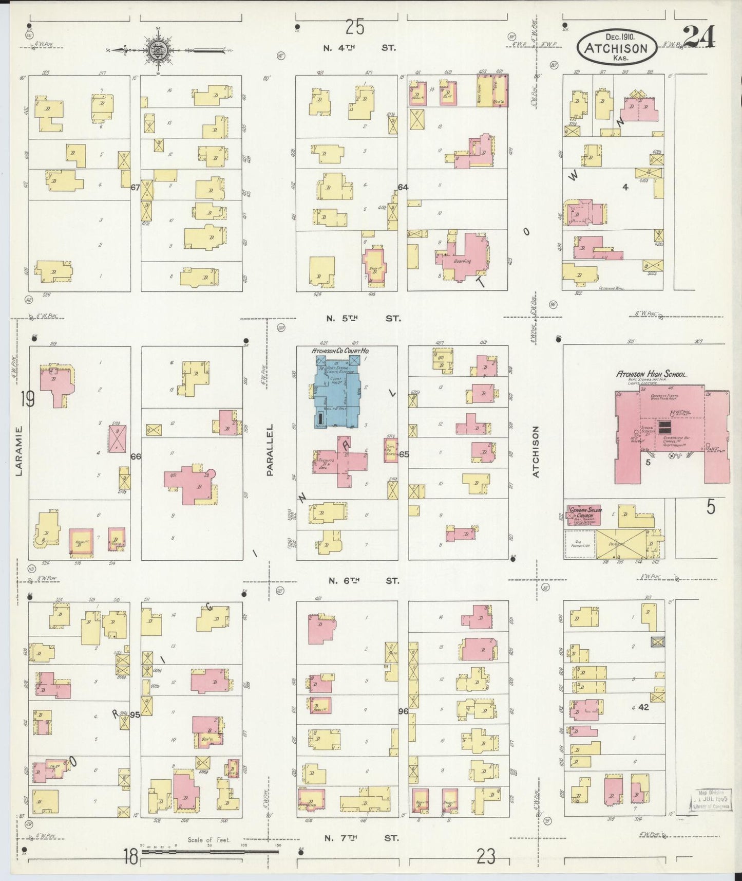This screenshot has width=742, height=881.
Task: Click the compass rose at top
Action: click(156, 50)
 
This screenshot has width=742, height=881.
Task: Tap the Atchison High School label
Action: click(651, 375)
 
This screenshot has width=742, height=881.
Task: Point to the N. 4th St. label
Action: click(360, 48)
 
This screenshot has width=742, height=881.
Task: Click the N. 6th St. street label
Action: click(363, 580)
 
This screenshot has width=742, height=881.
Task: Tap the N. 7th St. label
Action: click(362, 838)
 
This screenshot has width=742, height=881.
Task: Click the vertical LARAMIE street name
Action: click(20, 451)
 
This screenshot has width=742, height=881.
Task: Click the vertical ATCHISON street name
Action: click(536, 452)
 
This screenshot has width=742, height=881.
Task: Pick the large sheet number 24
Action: click(699, 37)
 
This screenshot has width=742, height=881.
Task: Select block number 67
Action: click(135, 188)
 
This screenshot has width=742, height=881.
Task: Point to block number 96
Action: click(403, 711)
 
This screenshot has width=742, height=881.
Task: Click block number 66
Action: click(136, 456)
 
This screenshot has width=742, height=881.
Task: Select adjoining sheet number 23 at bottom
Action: click(486, 856)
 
